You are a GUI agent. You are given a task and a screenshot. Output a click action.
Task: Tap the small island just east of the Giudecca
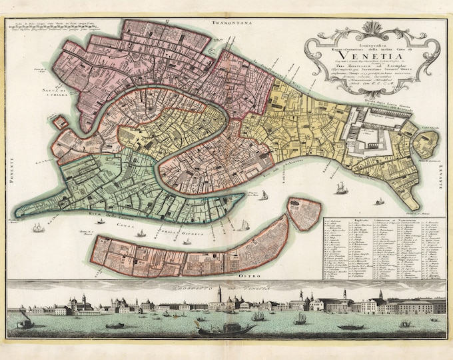[x=304, y=214]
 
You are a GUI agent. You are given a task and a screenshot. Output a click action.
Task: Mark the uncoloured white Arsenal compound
[x=370, y=136]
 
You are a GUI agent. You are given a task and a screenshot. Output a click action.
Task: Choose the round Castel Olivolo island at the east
[x=426, y=144]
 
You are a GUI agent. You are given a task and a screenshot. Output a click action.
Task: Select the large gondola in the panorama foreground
[x=226, y=329]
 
